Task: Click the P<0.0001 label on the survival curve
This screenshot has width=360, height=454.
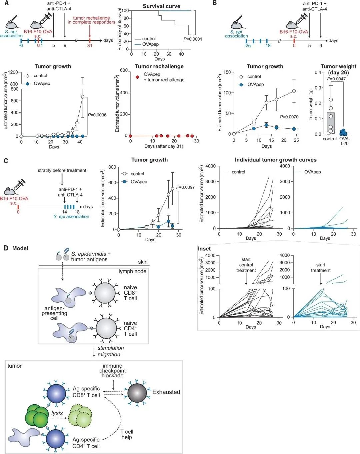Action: tap(193, 39)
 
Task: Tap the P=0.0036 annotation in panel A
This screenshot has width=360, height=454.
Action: tap(97, 115)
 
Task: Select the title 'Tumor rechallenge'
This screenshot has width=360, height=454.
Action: tap(159, 66)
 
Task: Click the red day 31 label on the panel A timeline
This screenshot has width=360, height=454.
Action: tap(90, 45)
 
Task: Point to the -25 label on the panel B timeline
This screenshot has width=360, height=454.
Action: tap(247, 46)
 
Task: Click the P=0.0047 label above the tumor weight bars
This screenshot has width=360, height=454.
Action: tap(337, 79)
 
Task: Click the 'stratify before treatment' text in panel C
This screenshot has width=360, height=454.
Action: tap(62, 170)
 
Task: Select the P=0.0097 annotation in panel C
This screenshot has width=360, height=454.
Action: tap(186, 187)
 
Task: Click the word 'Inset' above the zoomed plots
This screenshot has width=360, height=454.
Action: tap(204, 249)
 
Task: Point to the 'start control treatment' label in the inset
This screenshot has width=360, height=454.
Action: tap(246, 265)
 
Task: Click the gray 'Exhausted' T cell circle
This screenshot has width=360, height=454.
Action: tap(137, 393)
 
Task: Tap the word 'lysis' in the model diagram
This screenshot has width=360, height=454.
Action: tap(57, 413)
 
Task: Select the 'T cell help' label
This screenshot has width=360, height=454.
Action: tap(127, 435)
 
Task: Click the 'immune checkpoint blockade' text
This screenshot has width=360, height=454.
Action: tap(112, 371)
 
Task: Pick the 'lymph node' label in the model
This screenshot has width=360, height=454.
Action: tap(132, 271)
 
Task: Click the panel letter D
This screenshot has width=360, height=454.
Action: tap(6, 248)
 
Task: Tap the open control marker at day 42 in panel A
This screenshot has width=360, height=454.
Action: tap(83, 97)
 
